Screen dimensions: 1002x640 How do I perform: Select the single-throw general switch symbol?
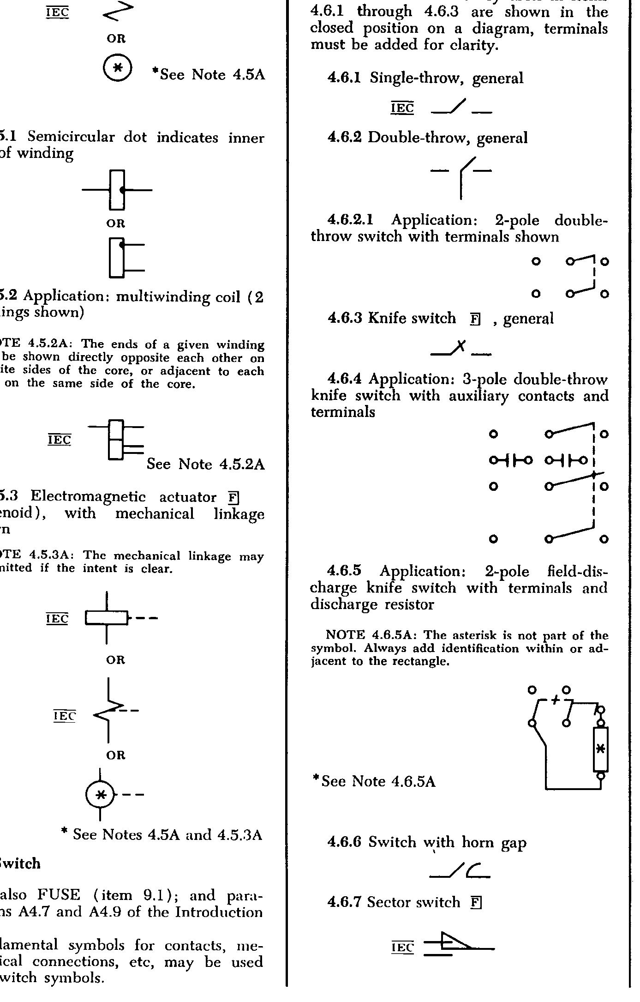tap(461, 108)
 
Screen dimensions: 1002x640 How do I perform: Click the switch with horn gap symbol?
tap(460, 871)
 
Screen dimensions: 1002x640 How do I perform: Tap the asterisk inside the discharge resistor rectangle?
tap(600, 748)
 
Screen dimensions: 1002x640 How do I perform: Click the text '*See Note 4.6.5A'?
tap(374, 781)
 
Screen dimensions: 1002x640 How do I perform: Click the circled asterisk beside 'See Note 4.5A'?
tap(118, 68)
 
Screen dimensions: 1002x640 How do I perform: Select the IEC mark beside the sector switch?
tap(403, 948)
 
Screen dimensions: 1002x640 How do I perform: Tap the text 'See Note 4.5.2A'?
tap(206, 464)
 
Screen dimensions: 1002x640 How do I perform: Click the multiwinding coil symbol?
tap(116, 440)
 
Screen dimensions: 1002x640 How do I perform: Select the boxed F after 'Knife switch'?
tap(475, 319)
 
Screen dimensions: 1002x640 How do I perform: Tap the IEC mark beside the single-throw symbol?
tap(402, 108)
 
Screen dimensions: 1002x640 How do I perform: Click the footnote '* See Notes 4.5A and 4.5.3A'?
tap(161, 834)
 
